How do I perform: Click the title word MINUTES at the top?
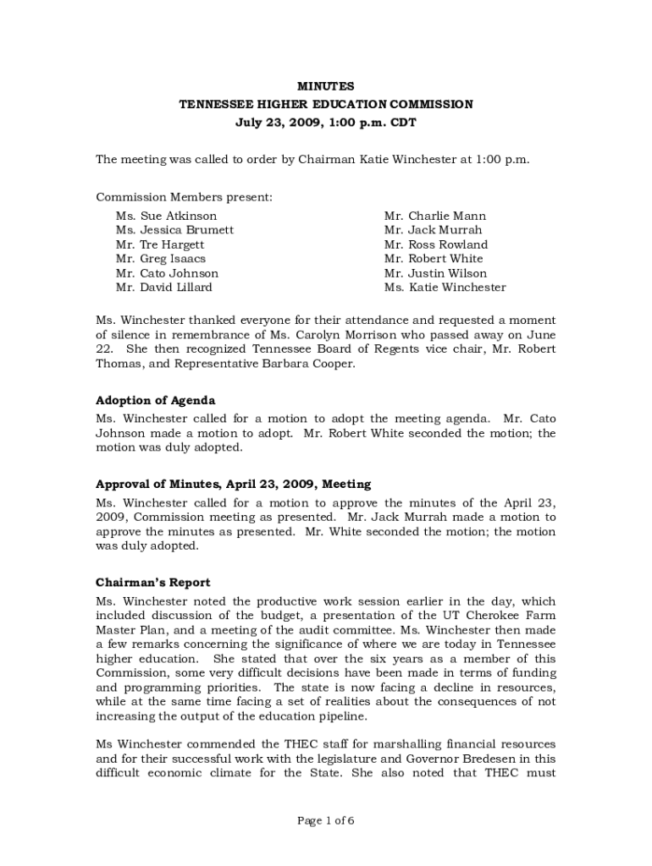[326, 86]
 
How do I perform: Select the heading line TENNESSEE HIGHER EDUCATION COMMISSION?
[326, 104]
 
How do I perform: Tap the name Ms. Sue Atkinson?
[166, 216]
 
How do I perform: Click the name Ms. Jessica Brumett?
[174, 230]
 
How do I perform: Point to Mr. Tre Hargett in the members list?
[160, 244]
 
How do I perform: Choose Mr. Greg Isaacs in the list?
[161, 259]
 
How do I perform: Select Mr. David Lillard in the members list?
[164, 288]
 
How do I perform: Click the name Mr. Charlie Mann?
[435, 216]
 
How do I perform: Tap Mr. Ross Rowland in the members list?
[436, 244]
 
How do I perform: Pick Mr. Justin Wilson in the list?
[435, 273]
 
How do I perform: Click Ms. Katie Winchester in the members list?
[445, 288]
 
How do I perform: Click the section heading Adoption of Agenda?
[155, 400]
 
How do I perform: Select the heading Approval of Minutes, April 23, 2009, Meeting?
[233, 485]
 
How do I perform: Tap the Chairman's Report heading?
[153, 583]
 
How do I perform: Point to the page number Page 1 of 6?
[325, 820]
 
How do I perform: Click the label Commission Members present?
[184, 197]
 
